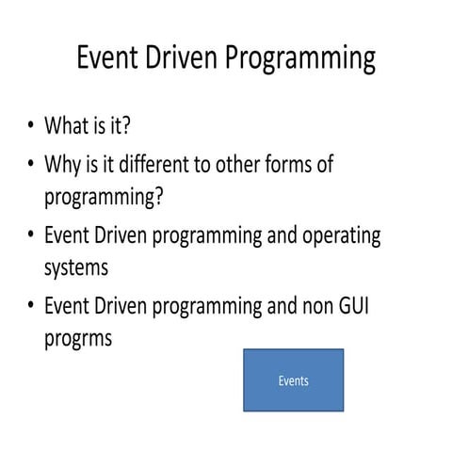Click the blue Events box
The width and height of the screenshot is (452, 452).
pyautogui.click(x=294, y=380)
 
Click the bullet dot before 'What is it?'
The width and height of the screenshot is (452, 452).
pyautogui.click(x=32, y=127)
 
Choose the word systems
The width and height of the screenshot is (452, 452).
pyautogui.click(x=76, y=268)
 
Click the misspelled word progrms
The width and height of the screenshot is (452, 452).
pyautogui.click(x=78, y=337)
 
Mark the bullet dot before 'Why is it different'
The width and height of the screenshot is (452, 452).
pyautogui.click(x=32, y=166)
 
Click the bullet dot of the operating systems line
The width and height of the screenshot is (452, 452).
pyautogui.click(x=32, y=236)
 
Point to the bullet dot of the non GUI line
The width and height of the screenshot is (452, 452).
pyautogui.click(x=32, y=306)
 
